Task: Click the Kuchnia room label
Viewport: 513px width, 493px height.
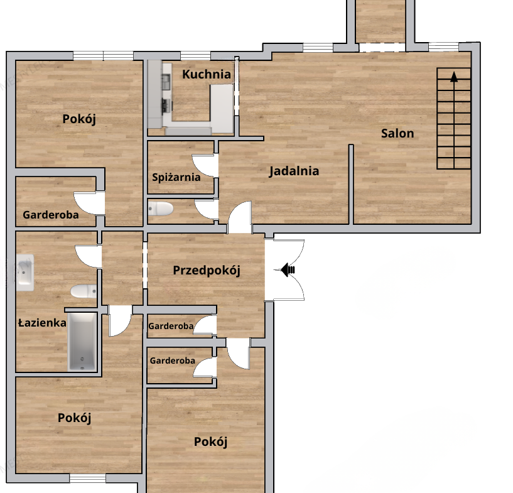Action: pyautogui.click(x=207, y=74)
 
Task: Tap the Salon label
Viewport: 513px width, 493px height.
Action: pyautogui.click(x=397, y=134)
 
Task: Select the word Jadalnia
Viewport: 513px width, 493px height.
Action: pyautogui.click(x=294, y=171)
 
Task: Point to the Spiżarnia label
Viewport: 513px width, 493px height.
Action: pyautogui.click(x=176, y=177)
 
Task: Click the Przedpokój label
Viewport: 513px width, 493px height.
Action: pyautogui.click(x=207, y=271)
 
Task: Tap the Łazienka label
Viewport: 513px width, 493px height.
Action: pyautogui.click(x=42, y=323)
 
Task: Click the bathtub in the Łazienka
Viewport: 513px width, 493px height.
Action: pyautogui.click(x=82, y=342)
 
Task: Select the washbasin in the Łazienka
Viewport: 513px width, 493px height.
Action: pyautogui.click(x=25, y=273)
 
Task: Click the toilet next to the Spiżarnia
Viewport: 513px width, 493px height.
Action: pyautogui.click(x=160, y=209)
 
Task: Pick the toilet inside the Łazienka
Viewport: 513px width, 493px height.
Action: pyautogui.click(x=84, y=291)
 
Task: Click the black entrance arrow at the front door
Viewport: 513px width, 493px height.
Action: pyautogui.click(x=288, y=270)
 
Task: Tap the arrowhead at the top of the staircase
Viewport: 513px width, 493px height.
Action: pyautogui.click(x=454, y=77)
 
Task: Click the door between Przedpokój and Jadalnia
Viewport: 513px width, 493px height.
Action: pyautogui.click(x=240, y=217)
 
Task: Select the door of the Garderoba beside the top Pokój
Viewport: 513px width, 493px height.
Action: pyautogui.click(x=89, y=203)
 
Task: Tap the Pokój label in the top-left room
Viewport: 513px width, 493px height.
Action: pyautogui.click(x=79, y=119)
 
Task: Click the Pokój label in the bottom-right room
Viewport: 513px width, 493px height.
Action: pyautogui.click(x=210, y=442)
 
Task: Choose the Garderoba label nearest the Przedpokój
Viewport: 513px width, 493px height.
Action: pyautogui.click(x=171, y=326)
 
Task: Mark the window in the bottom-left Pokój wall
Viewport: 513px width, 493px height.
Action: pyautogui.click(x=88, y=479)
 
